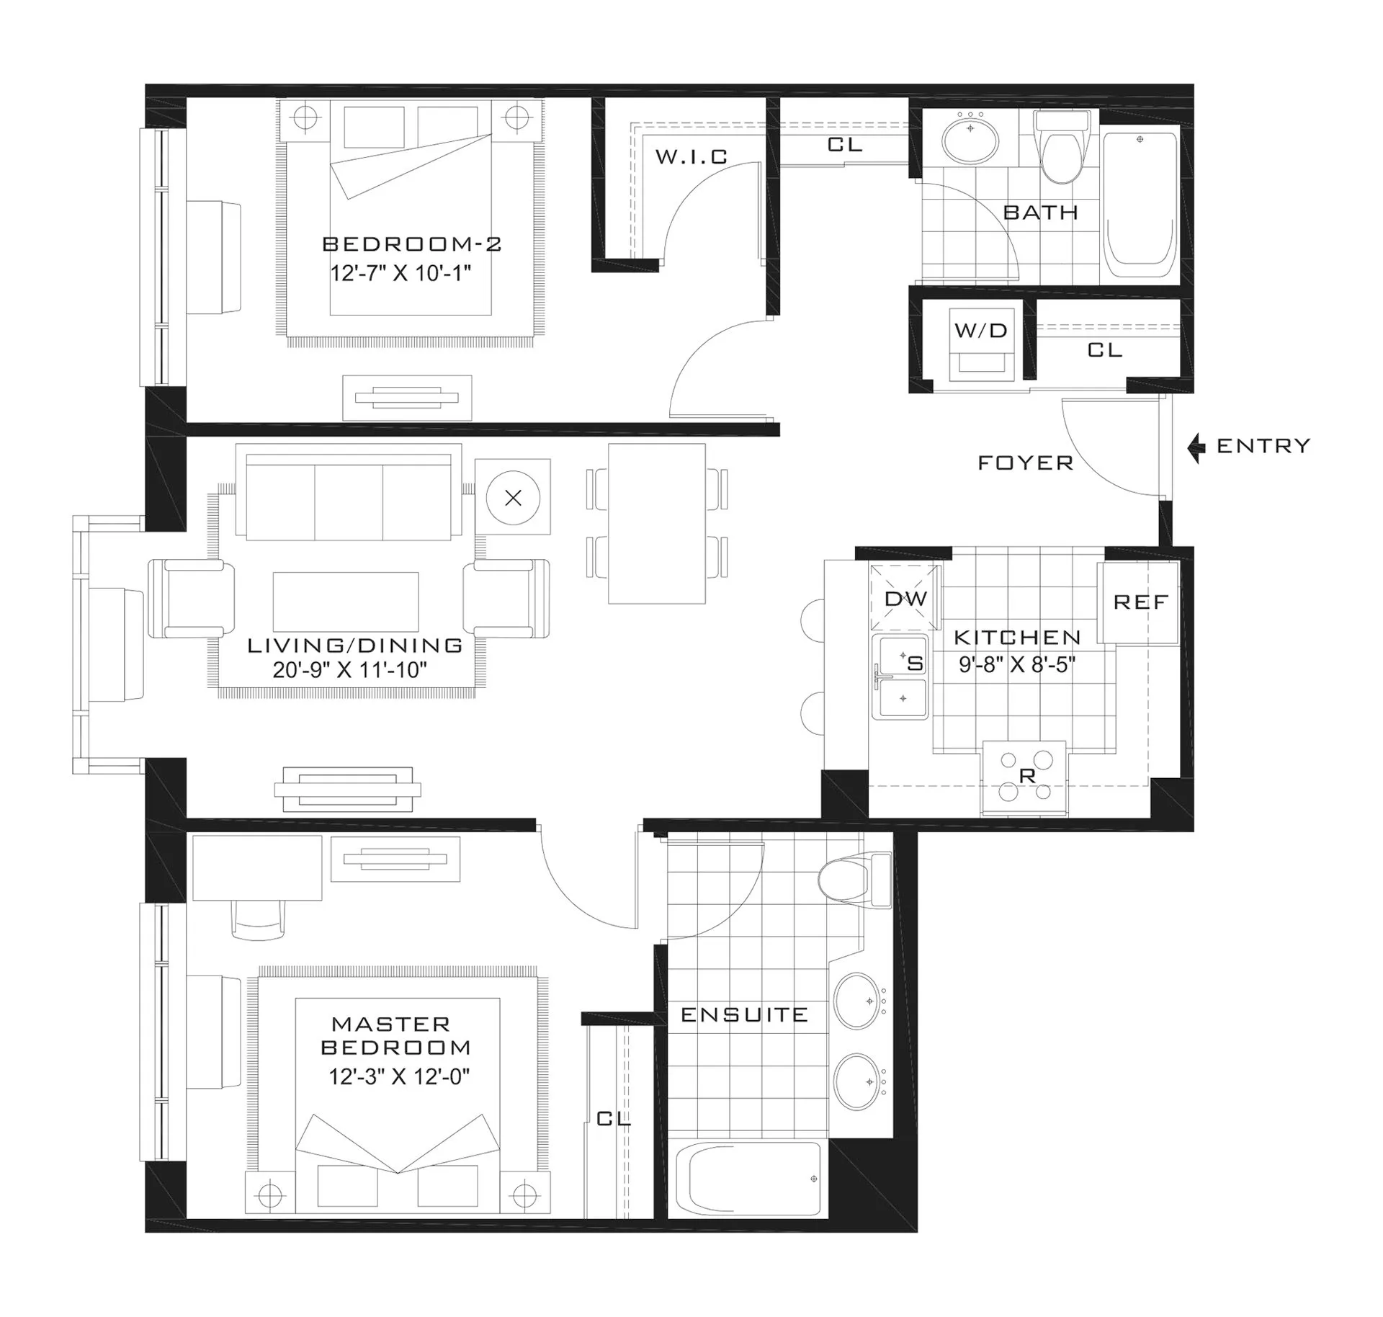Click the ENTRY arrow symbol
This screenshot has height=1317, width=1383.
(x=1196, y=447)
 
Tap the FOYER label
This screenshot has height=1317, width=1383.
(x=1025, y=463)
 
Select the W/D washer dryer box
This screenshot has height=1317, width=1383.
(x=981, y=344)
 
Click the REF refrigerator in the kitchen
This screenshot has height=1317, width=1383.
(x=1140, y=602)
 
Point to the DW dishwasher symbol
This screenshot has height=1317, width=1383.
(x=905, y=598)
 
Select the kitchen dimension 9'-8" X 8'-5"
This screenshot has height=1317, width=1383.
(x=1016, y=664)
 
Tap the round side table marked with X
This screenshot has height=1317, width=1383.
(x=513, y=498)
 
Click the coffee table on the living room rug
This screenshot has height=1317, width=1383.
(x=346, y=602)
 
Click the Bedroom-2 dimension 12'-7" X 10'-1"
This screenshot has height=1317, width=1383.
(x=400, y=274)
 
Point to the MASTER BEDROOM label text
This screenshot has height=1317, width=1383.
(x=395, y=1035)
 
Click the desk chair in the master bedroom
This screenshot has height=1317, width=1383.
(x=258, y=921)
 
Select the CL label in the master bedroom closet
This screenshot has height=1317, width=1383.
(x=613, y=1118)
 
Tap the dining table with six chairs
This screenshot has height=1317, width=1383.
(x=656, y=524)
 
